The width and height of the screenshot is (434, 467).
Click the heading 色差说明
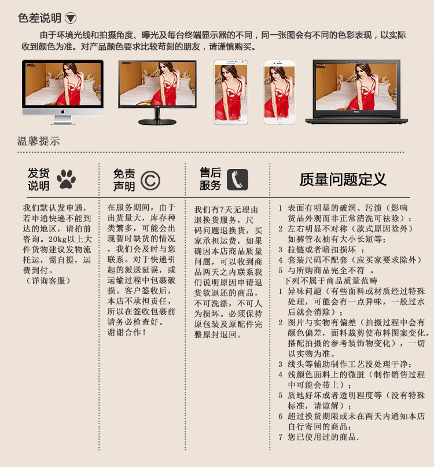coord(39,18)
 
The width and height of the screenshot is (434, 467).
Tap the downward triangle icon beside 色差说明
coord(71,18)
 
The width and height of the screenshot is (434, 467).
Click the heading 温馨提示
coord(38,141)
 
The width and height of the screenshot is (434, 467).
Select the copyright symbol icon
coord(150,180)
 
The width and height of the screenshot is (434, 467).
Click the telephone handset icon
coord(237,179)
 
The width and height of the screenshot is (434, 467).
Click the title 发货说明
coord(39,179)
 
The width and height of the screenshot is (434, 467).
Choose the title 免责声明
coord(124,180)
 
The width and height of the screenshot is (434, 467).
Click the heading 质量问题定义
coord(343,179)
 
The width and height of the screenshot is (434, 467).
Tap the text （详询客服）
coord(47,281)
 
